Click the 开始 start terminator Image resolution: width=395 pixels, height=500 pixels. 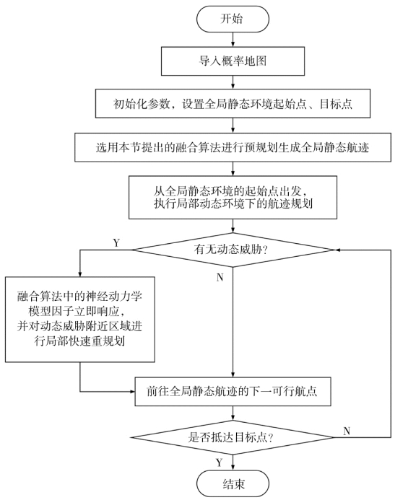tap(233, 19)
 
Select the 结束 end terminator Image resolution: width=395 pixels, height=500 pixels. tap(233, 483)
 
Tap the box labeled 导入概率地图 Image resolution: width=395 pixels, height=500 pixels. tap(233, 61)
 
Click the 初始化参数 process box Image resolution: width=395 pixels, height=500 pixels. tap(233, 103)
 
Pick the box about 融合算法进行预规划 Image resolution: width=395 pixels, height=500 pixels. tap(233, 147)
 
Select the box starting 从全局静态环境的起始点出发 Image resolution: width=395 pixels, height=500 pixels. tap(233, 197)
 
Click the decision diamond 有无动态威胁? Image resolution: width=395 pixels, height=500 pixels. tap(233, 250)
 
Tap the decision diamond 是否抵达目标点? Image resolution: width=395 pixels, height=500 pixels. tap(233, 437)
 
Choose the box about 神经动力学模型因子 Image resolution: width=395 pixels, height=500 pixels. tap(79, 319)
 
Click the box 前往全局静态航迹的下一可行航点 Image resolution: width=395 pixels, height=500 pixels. tap(233, 391)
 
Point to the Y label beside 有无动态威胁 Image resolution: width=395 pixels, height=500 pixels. tap(116, 243)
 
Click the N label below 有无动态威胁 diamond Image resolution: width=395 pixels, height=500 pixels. tap(220, 278)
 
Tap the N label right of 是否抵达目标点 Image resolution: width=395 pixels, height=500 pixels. tap(347, 431)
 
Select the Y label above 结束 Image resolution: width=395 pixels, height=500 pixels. tap(220, 462)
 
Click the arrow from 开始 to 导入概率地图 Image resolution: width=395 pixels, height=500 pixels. tap(233, 40)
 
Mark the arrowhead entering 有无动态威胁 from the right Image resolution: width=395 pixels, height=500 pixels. tap(337, 250)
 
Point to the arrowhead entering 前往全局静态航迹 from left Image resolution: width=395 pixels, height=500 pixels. tap(131, 391)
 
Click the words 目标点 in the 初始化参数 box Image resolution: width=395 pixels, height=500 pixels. tap(336, 104)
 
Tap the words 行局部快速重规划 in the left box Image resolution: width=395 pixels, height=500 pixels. tap(79, 341)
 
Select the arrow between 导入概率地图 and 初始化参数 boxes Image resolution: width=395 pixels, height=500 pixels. tap(233, 82)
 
